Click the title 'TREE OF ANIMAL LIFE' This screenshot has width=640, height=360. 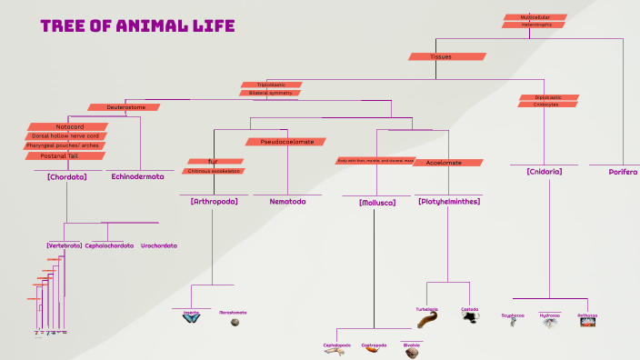(137, 26)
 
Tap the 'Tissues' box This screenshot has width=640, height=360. (440, 56)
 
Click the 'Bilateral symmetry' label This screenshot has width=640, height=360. (270, 93)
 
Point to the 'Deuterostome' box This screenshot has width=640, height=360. (125, 107)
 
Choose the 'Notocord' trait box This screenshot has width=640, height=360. (69, 126)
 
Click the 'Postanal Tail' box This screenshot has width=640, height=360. (65, 155)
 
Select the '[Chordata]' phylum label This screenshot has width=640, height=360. (66, 177)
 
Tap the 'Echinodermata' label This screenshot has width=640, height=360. (137, 177)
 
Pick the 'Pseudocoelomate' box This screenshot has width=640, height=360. (287, 142)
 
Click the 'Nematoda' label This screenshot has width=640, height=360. (287, 201)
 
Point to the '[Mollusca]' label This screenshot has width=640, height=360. (377, 202)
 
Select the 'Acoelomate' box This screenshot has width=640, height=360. (444, 162)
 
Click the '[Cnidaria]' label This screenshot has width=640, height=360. (544, 171)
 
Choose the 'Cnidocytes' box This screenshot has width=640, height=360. (546, 105)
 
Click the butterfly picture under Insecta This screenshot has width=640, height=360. (192, 319)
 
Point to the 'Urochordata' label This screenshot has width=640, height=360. (159, 245)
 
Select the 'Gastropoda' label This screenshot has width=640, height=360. (374, 345)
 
